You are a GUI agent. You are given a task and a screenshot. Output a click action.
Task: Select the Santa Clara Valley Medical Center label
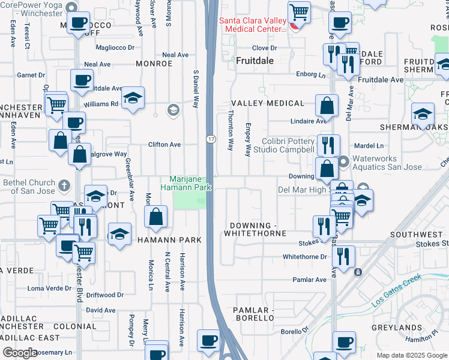click(x=252, y=24)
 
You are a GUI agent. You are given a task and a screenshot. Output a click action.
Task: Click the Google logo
click(x=19, y=353)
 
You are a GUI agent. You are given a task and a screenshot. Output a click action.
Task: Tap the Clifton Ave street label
click(x=164, y=145)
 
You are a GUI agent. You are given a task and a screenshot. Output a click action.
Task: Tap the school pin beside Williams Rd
click(x=132, y=98)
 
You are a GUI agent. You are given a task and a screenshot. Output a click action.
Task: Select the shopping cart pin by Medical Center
click(x=299, y=12)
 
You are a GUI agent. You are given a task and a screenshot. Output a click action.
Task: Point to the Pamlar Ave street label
click(x=309, y=280)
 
